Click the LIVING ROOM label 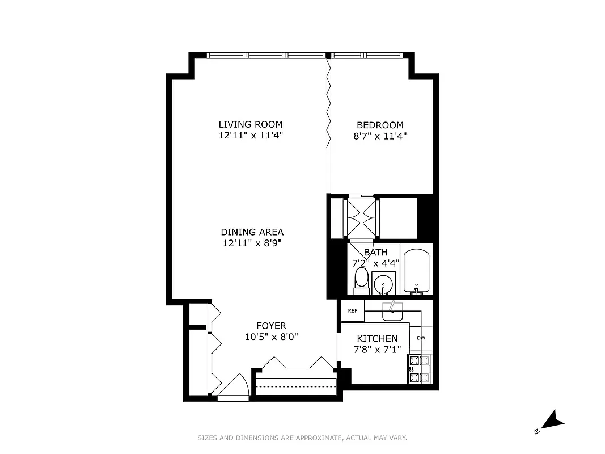251,125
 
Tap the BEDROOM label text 379,125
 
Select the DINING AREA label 252,232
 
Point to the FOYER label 271,326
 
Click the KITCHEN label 377,338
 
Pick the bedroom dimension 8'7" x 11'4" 379,136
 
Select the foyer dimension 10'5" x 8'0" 271,337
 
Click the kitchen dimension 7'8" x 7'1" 377,349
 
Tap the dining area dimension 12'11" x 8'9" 252,243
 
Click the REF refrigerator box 352,310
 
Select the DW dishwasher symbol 421,338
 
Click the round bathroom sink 384,283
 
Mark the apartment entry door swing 232,385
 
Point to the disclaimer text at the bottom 302,438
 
